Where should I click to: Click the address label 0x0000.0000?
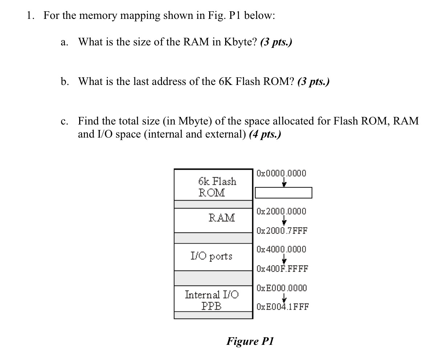point(281,173)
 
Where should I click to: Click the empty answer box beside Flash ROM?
point(283,193)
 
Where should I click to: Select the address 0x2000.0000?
point(281,211)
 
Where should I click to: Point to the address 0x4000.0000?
point(281,249)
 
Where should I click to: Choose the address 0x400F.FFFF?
point(282,269)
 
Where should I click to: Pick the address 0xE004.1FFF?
point(283,307)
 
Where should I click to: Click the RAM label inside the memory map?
point(222,218)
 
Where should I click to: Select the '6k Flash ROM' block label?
point(217,187)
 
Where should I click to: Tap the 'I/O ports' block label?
point(211,256)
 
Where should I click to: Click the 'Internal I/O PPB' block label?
point(212,300)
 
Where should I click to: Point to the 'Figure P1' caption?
point(250,341)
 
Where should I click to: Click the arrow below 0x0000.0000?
point(284,183)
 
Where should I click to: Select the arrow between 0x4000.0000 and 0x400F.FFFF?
point(284,259)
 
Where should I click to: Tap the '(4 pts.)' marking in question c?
point(265,135)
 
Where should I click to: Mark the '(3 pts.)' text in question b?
point(313,81)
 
